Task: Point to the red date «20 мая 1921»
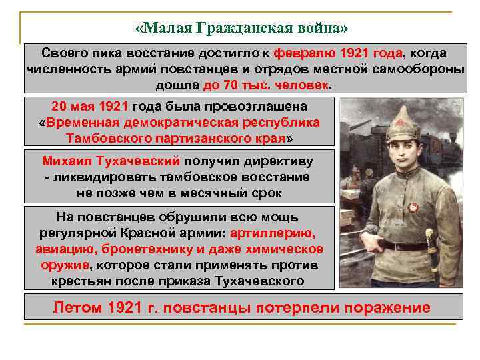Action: tap(89, 107)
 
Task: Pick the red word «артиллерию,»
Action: tap(274, 233)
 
